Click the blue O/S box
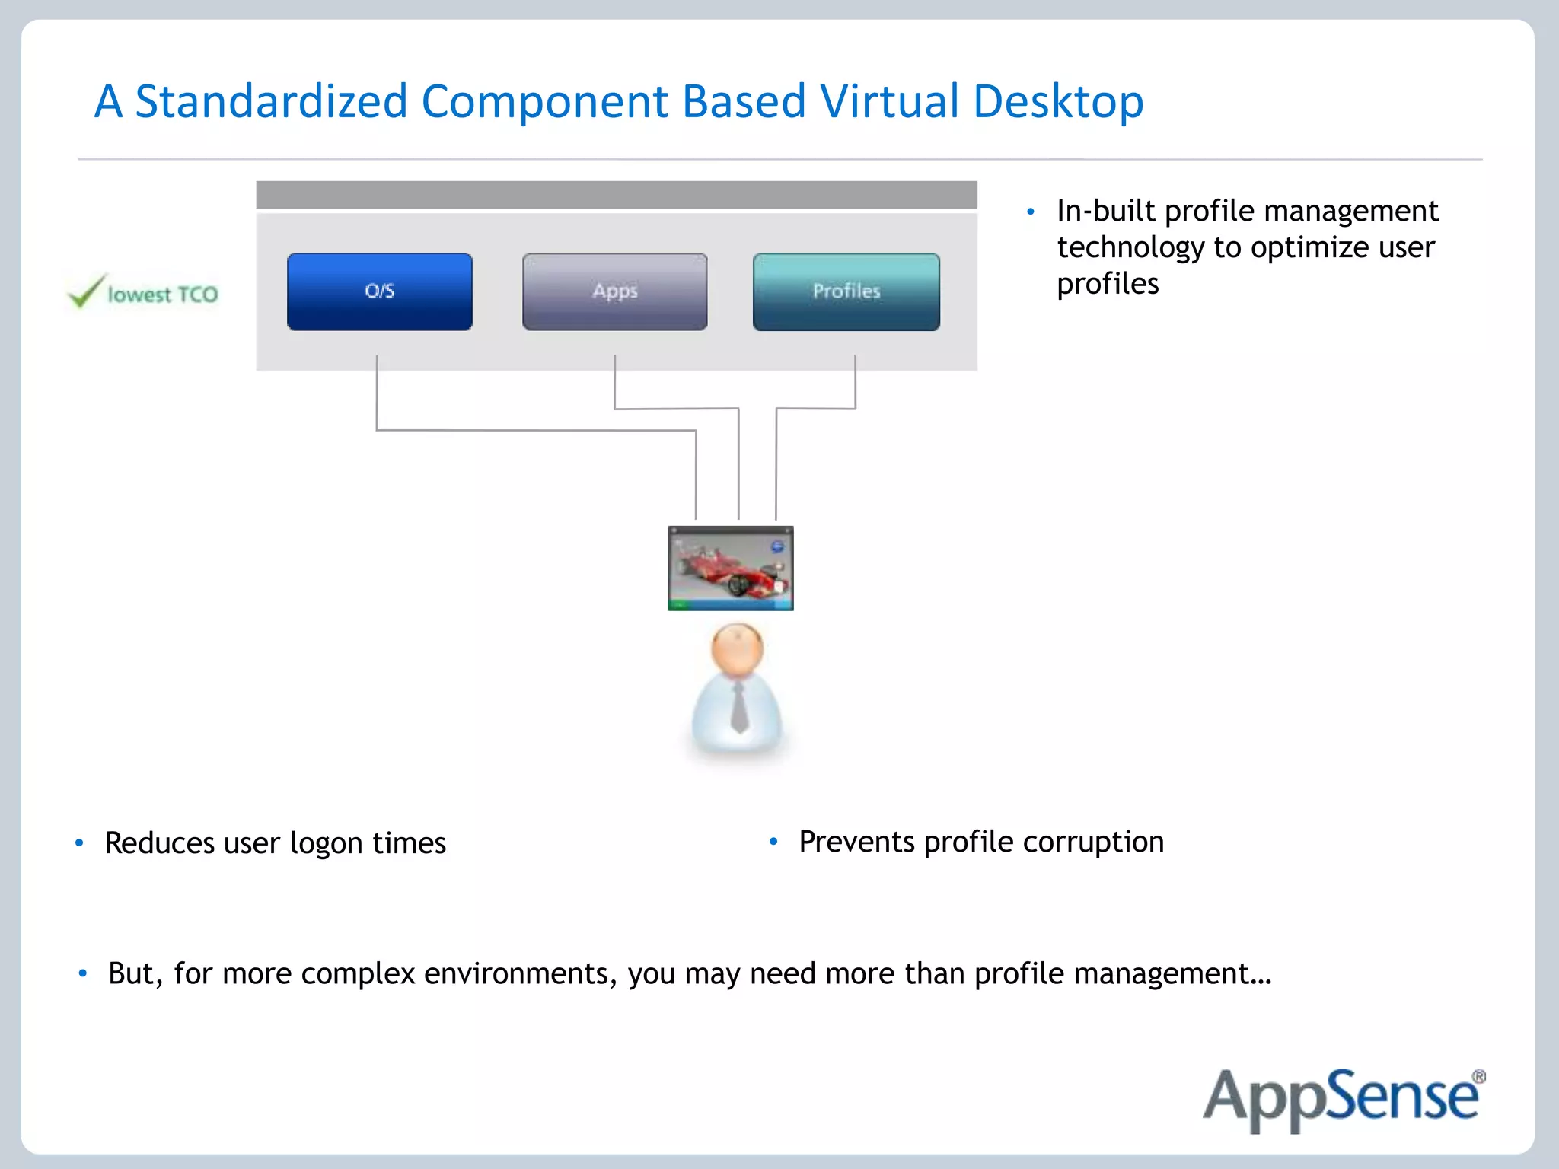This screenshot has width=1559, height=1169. coord(379,291)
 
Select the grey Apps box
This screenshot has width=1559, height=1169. coord(614,291)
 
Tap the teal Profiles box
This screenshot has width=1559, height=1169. coord(846,291)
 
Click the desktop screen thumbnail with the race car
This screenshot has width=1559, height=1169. coord(730,568)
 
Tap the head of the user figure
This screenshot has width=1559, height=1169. coord(736,649)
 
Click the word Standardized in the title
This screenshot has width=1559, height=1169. coord(271,101)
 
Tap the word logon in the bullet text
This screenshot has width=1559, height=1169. coord(326,844)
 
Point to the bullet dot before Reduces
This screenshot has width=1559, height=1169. coord(79,843)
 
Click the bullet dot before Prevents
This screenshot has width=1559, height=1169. coord(773,841)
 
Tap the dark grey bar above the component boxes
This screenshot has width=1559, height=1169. coord(616,195)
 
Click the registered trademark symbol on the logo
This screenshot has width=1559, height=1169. coord(1478,1077)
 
